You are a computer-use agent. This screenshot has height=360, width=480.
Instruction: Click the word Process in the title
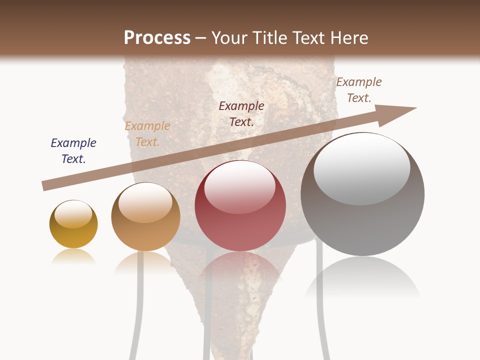click(x=157, y=38)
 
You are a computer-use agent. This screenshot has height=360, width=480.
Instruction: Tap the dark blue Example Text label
click(x=73, y=151)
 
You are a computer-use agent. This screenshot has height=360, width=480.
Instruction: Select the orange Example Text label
click(x=147, y=134)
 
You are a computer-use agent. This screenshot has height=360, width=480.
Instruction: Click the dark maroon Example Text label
click(x=241, y=114)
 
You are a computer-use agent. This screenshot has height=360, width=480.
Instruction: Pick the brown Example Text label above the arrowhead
click(x=359, y=90)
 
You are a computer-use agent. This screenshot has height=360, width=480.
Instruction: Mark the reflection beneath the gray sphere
click(x=362, y=280)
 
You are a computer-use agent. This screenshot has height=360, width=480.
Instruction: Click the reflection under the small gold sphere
click(x=73, y=257)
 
